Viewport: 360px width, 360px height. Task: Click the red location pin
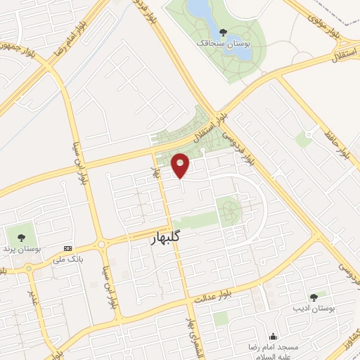pos(181,166)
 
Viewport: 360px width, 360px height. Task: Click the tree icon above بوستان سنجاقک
pos(223,32)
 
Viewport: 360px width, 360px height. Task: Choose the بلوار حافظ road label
pos(337,144)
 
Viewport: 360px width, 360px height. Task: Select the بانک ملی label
pos(69,259)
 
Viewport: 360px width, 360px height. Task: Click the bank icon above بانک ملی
pos(68,248)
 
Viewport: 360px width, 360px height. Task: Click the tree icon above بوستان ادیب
pos(314,297)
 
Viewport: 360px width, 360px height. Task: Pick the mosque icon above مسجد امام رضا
pos(273,336)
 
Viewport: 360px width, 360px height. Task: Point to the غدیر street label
pos(31,285)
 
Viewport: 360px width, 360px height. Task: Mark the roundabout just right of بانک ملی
pos(101,245)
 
